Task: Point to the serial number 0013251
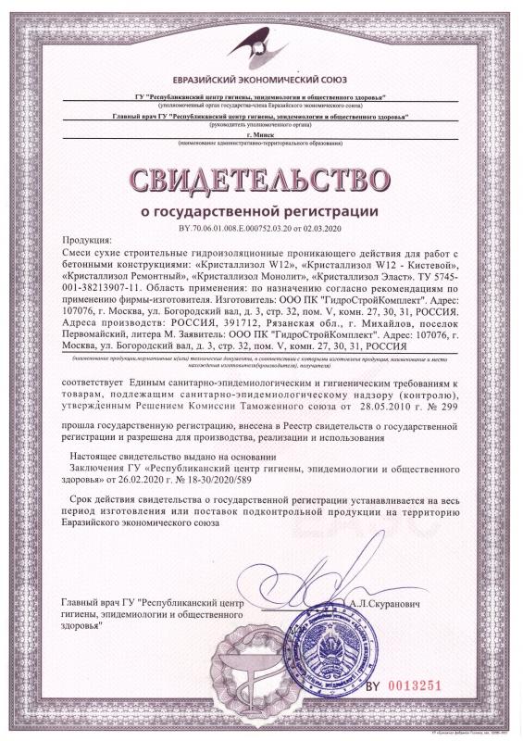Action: coord(430,686)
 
